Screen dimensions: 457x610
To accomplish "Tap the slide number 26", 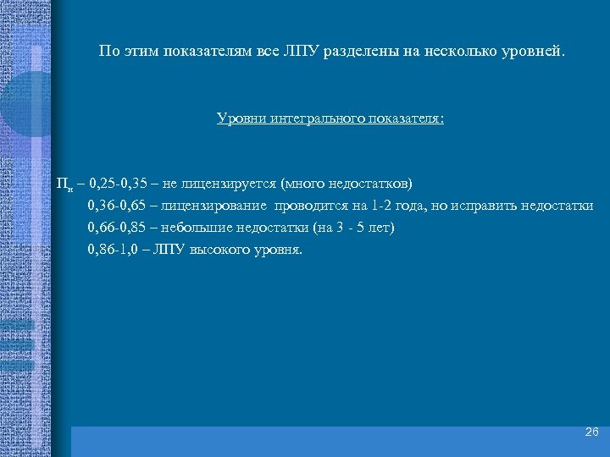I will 591,432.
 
